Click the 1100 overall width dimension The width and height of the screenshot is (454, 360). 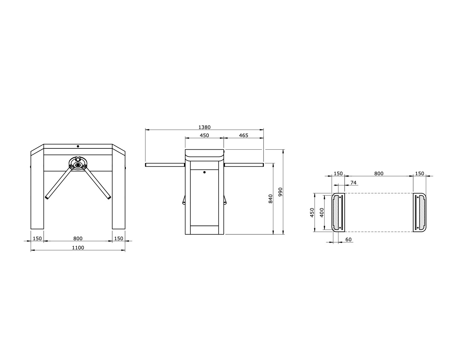pos(78,248)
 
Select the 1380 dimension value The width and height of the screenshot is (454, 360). pos(204,127)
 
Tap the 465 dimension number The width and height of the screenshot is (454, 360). pos(243,135)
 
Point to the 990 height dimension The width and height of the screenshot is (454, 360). pos(280,192)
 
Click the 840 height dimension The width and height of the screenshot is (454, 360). pos(270,199)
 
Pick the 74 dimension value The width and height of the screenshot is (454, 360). pos(353,183)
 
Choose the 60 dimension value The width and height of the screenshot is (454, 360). pos(349,240)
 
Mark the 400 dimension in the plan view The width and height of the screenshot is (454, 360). pos(322,213)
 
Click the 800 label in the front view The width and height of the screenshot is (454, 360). pos(78,239)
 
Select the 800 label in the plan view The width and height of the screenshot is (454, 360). pos(379,174)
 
